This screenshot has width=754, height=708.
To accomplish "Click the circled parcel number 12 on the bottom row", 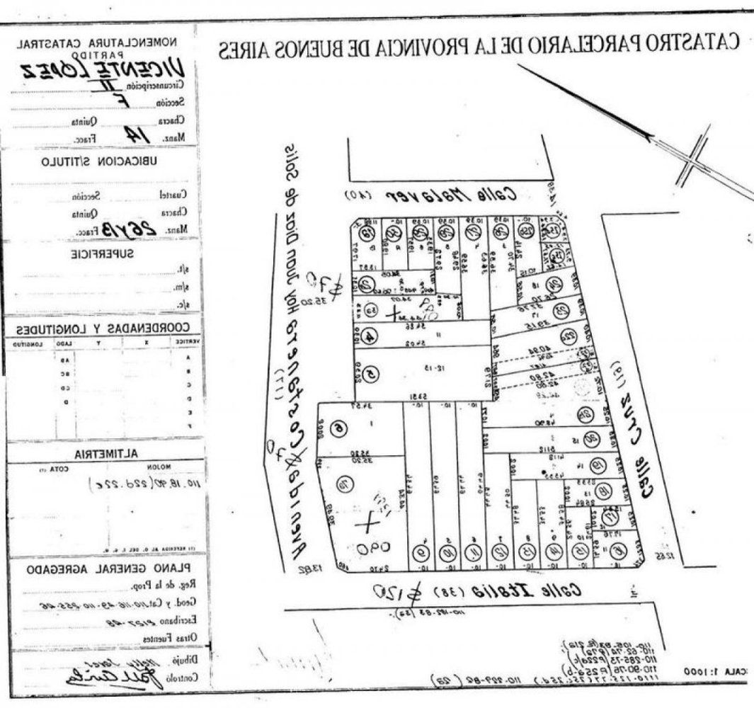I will (501, 550).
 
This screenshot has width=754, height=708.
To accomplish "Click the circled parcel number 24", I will (555, 284).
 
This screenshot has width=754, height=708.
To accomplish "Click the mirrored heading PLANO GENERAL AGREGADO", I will (108, 568).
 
